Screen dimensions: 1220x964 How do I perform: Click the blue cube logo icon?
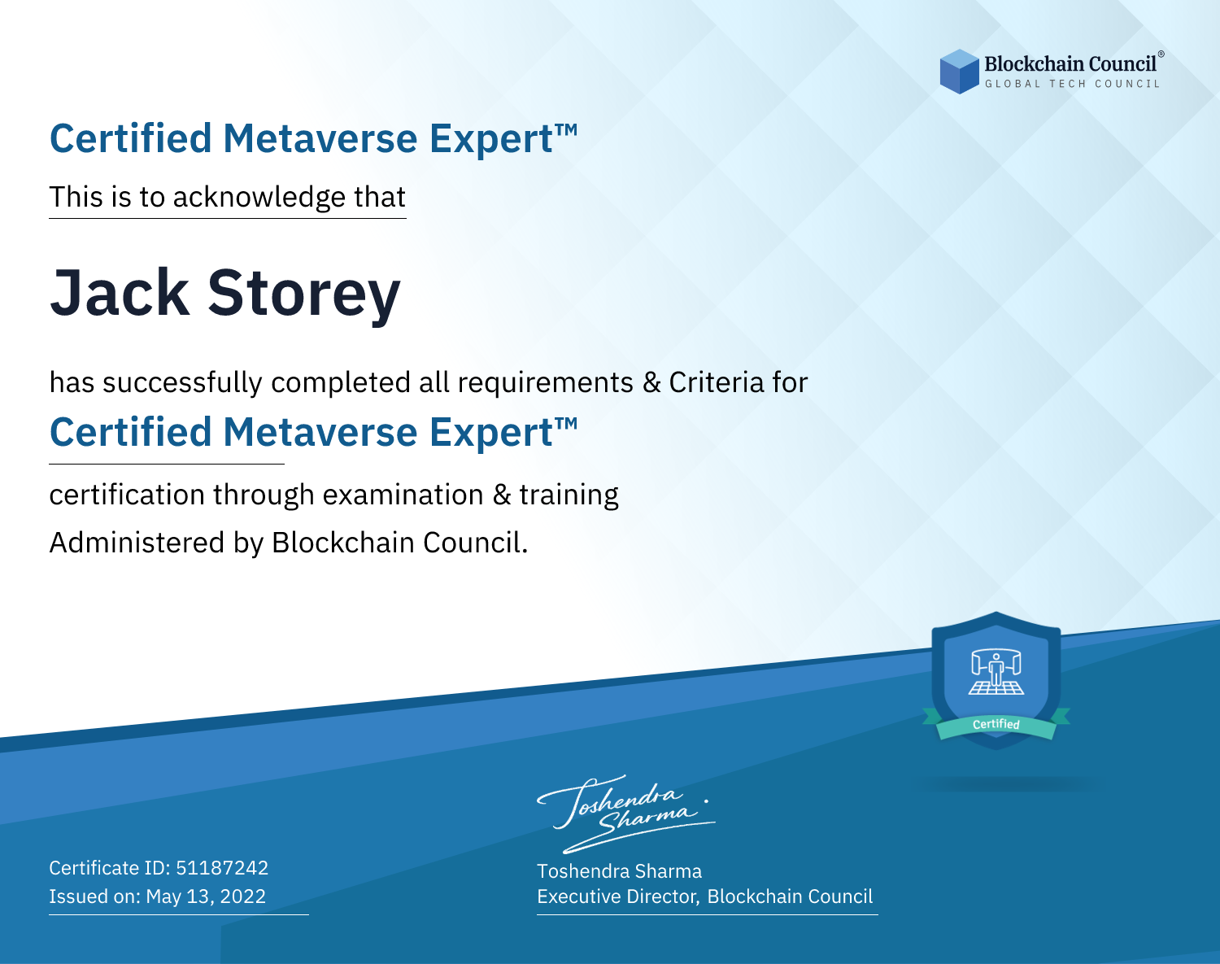tap(959, 72)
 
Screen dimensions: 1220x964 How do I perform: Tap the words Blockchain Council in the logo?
tap(1070, 63)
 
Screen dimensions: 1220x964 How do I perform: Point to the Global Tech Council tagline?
tap(1073, 84)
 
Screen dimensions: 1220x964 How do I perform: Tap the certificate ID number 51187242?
tap(222, 867)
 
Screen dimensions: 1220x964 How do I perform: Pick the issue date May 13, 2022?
tap(206, 896)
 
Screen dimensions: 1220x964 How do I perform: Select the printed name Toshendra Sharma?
tap(619, 871)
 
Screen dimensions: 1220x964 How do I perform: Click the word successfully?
tap(182, 383)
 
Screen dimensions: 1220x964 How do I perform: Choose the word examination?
tap(403, 495)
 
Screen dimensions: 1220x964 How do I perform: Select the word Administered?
tap(137, 542)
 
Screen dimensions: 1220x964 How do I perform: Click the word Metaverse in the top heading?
tap(320, 138)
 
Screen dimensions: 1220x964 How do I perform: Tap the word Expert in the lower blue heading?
tap(491, 434)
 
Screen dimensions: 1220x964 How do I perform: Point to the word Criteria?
tap(716, 382)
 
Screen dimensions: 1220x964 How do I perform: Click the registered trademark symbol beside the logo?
tap(1161, 54)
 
